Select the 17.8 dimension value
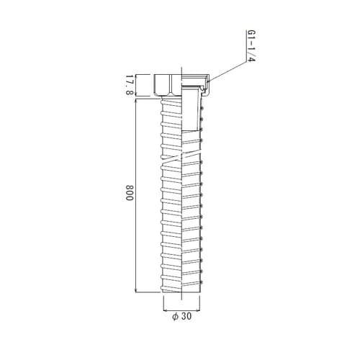(130, 85)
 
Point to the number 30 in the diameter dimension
(187, 316)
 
